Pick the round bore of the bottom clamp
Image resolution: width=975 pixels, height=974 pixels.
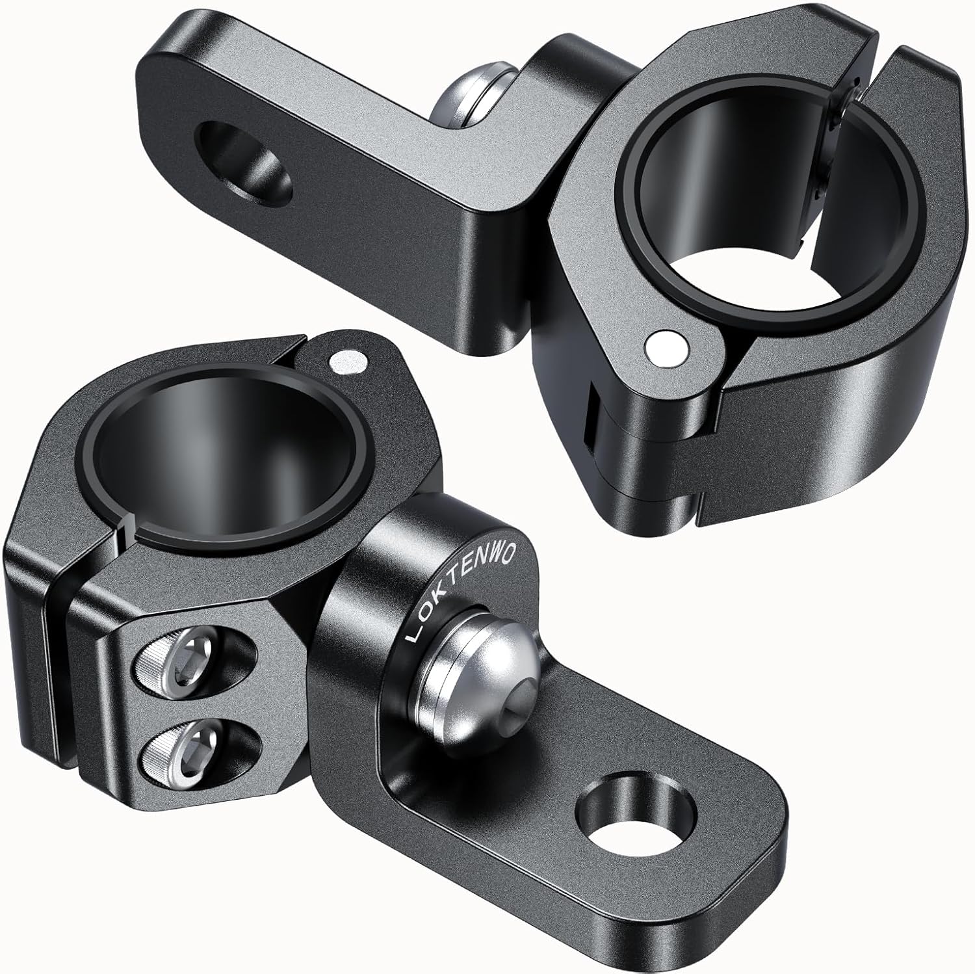click(221, 455)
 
